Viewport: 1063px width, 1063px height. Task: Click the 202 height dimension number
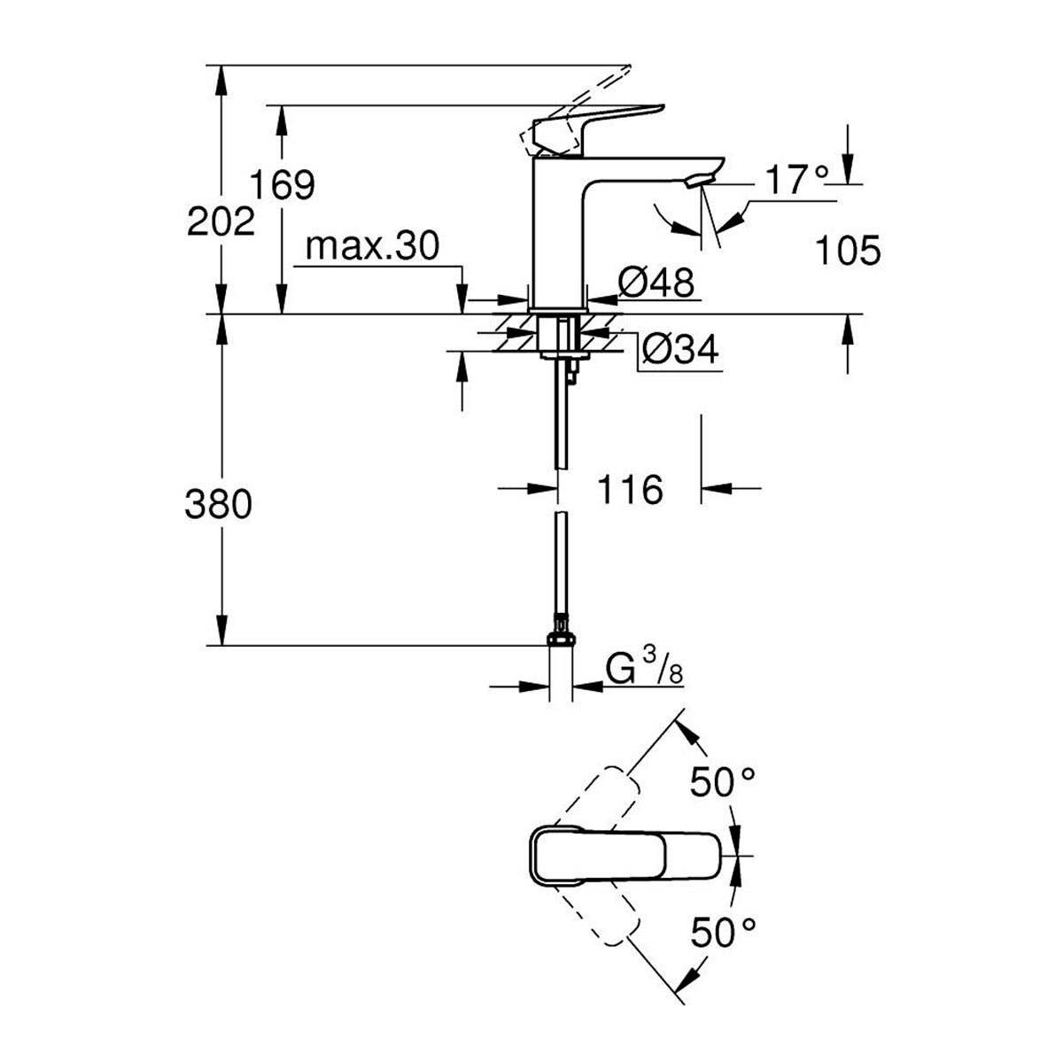pyautogui.click(x=221, y=221)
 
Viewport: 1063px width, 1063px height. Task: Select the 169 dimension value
pyautogui.click(x=283, y=185)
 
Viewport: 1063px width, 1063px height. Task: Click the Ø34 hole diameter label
pyautogui.click(x=680, y=349)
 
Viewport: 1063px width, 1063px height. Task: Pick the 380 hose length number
pyautogui.click(x=219, y=504)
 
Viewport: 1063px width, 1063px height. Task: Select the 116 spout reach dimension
pyautogui.click(x=630, y=489)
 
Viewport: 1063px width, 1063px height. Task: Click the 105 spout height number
pyautogui.click(x=848, y=251)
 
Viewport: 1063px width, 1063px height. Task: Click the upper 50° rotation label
pyautogui.click(x=723, y=781)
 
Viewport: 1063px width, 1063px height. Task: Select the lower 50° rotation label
pyautogui.click(x=723, y=932)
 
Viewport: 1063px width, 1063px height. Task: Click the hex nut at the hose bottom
pyautogui.click(x=561, y=640)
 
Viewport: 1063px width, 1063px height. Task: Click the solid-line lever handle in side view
pyautogui.click(x=599, y=130)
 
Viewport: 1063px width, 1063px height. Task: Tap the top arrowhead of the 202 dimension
pyautogui.click(x=221, y=79)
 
